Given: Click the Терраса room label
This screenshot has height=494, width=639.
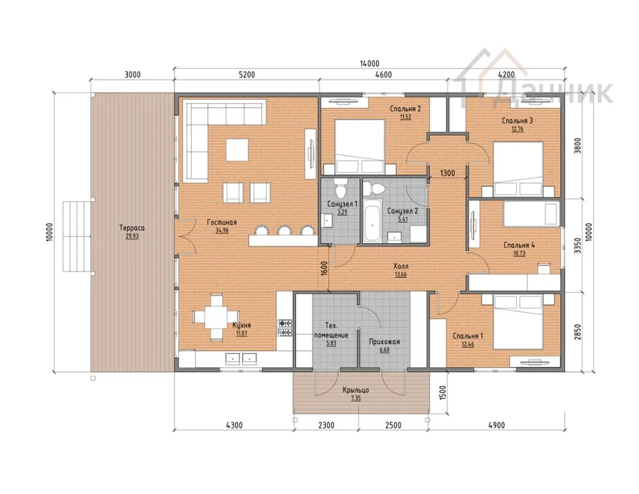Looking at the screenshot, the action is pyautogui.click(x=132, y=228).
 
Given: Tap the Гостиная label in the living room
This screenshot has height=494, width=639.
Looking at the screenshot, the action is pyautogui.click(x=222, y=222).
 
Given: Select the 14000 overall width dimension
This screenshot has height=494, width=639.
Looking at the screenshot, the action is pyautogui.click(x=370, y=64).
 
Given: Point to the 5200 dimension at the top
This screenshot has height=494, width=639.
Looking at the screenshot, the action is pyautogui.click(x=246, y=75).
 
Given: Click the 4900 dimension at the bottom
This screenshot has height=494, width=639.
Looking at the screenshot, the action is pyautogui.click(x=496, y=425).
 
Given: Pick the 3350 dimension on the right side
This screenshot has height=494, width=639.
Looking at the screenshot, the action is pyautogui.click(x=577, y=245).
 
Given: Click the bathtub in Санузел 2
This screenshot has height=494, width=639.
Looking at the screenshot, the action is pyautogui.click(x=373, y=220).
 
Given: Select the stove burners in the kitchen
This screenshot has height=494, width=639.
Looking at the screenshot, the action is pyautogui.click(x=285, y=328).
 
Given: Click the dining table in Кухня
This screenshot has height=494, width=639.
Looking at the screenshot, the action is pyautogui.click(x=216, y=317).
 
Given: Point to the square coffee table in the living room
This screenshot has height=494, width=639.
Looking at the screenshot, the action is pyautogui.click(x=237, y=150).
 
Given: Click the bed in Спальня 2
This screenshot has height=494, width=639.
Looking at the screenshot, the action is pyautogui.click(x=360, y=146).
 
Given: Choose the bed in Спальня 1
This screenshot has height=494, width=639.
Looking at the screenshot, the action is pyautogui.click(x=518, y=322).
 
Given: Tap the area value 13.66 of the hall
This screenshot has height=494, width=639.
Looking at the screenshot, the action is pyautogui.click(x=400, y=274).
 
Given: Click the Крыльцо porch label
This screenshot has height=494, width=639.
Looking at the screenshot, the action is pyautogui.click(x=356, y=390).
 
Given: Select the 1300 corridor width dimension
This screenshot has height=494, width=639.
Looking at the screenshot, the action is pyautogui.click(x=447, y=173).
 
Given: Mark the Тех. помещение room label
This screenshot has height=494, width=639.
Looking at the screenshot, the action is pyautogui.click(x=331, y=331).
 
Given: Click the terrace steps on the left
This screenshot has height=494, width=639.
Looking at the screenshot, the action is pyautogui.click(x=77, y=236).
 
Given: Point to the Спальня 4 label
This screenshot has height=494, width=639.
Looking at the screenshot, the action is pyautogui.click(x=519, y=245).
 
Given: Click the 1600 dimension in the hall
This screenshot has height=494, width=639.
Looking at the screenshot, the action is pyautogui.click(x=324, y=269).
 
